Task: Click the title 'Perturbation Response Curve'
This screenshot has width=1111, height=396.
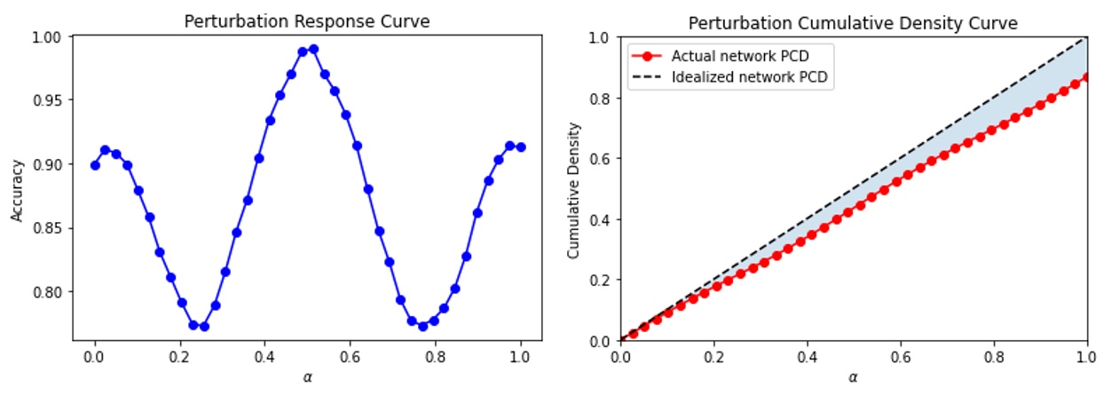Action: coord(306,21)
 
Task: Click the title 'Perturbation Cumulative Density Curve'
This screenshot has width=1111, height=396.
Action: coord(854,21)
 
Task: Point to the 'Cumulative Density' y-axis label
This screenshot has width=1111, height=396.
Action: coord(572,189)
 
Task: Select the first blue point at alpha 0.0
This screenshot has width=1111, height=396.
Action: coord(95,165)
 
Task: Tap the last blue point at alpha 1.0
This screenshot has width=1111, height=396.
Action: coord(521,147)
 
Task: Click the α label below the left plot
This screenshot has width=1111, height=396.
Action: coord(307,378)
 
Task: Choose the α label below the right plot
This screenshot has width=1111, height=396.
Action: coord(854,378)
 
